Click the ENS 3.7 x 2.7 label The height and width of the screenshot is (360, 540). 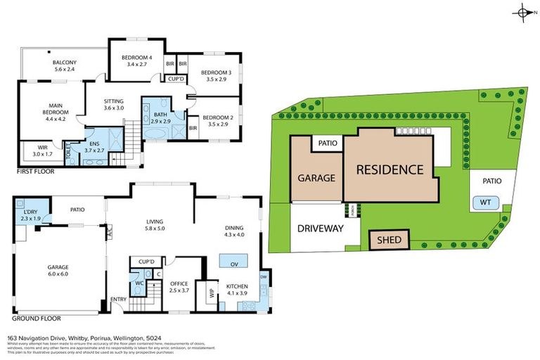[x=94, y=146]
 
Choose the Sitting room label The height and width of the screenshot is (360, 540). [x=113, y=104]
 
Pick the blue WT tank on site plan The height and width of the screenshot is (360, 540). [x=485, y=202]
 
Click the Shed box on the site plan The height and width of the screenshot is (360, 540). [x=389, y=240]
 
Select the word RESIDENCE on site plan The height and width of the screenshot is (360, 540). [x=389, y=169]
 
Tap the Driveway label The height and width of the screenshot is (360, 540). [x=319, y=229]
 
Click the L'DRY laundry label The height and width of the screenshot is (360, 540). [x=31, y=214]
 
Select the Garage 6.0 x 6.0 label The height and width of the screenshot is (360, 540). [x=60, y=271]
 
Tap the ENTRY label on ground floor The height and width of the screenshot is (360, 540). [x=117, y=302]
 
